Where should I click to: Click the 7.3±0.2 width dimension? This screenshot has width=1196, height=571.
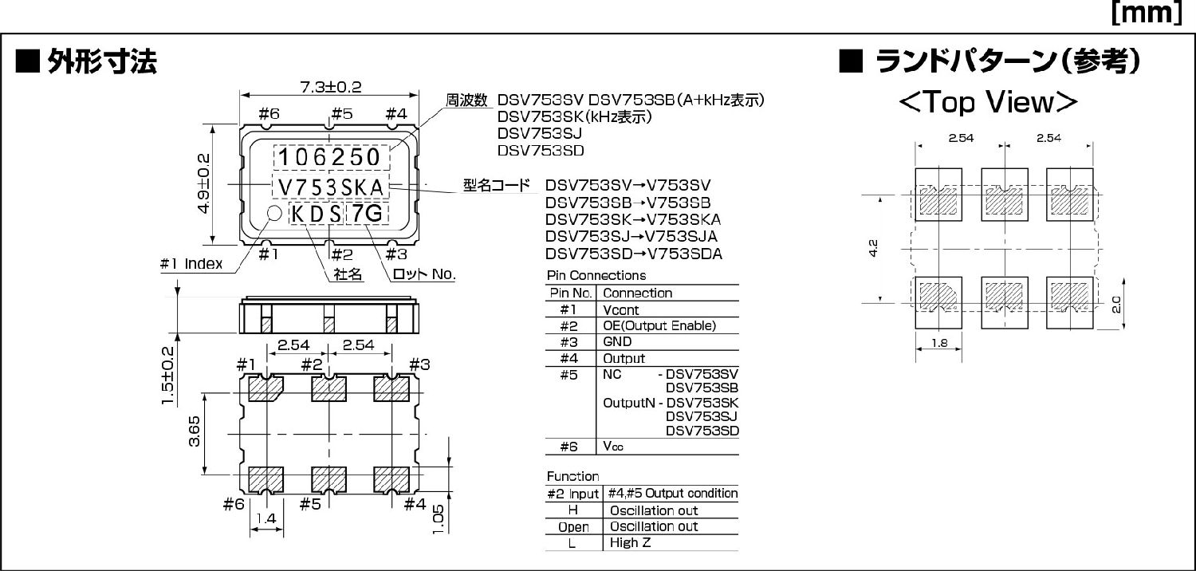click(331, 88)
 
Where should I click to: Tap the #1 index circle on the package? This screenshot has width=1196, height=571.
click(273, 213)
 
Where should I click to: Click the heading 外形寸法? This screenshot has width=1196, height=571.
click(101, 61)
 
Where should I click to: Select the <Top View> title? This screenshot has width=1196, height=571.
click(988, 103)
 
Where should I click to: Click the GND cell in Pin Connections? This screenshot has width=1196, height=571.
click(618, 342)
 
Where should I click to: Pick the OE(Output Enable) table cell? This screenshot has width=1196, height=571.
click(659, 325)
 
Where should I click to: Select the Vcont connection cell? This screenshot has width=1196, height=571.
click(621, 309)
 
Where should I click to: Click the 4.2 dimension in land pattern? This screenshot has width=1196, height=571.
click(874, 249)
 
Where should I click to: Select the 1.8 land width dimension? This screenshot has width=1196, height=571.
click(938, 345)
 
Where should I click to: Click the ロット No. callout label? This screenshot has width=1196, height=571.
click(423, 275)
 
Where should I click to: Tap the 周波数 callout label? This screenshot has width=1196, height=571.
click(466, 100)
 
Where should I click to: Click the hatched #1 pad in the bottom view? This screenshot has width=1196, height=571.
click(266, 389)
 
